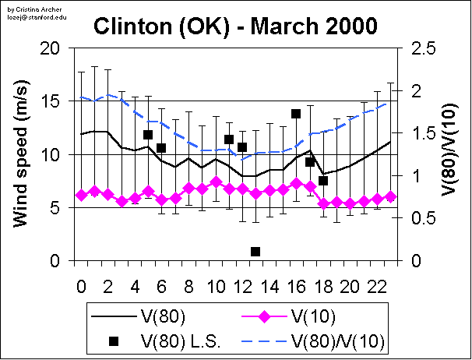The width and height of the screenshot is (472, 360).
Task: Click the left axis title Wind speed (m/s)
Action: tap(23, 154)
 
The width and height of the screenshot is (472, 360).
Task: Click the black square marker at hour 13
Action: tap(255, 251)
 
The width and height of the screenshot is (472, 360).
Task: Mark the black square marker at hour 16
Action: tap(296, 114)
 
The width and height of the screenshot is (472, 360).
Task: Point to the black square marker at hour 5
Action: tap(148, 135)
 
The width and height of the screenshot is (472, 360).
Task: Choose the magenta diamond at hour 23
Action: tap(390, 197)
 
